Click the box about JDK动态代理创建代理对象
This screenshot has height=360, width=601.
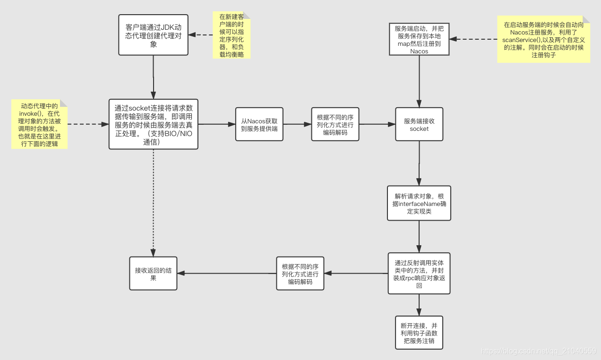click(153, 34)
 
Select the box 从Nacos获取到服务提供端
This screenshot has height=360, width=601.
click(259, 124)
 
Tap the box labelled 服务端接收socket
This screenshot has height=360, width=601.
click(419, 124)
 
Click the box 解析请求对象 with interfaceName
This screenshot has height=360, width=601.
click(419, 203)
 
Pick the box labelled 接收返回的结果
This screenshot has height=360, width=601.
click(153, 274)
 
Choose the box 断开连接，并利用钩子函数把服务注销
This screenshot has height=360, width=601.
click(419, 333)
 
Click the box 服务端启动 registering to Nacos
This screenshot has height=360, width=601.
click(419, 39)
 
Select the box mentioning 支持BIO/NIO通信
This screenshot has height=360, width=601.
click(153, 124)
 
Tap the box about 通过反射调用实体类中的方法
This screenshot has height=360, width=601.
click(419, 273)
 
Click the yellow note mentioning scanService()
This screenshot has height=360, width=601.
click(543, 39)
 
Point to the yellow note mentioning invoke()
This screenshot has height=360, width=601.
click(39, 124)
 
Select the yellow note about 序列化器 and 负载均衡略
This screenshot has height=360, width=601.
click(231, 35)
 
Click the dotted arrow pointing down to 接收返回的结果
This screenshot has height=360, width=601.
click(153, 203)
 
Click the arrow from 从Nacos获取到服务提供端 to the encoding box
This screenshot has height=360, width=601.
click(297, 124)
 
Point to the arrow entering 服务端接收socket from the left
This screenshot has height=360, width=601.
click(377, 124)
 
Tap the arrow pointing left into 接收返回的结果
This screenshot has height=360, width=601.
click(227, 274)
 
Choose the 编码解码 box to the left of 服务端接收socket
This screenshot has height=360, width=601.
click(335, 124)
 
